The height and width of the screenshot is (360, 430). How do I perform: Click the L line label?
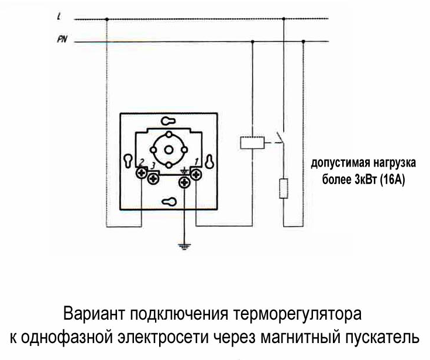[x=59, y=17]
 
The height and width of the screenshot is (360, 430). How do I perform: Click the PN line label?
[x=62, y=40]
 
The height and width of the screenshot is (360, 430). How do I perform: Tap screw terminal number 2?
[x=142, y=173]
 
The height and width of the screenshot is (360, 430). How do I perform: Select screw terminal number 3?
[x=153, y=179]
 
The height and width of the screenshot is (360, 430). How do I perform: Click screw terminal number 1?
[x=196, y=175]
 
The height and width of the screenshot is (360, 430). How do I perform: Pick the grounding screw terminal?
[x=184, y=182]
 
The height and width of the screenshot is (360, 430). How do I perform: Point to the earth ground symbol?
[x=184, y=247]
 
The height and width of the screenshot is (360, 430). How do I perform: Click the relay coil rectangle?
[x=252, y=143]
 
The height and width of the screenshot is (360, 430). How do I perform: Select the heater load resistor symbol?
[x=284, y=188]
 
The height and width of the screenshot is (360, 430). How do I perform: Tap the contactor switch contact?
[x=280, y=137]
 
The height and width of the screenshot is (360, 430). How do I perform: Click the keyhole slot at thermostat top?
[x=168, y=120]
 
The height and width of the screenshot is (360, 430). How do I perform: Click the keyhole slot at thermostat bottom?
[x=168, y=202]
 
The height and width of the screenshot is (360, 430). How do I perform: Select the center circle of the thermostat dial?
[x=168, y=150]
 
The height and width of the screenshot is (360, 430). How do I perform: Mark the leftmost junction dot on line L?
[x=107, y=19]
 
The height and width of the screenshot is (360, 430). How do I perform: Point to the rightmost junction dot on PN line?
[x=303, y=41]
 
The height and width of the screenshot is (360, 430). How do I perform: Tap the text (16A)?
[x=393, y=180]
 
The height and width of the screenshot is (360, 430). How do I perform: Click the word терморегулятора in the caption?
[x=297, y=314]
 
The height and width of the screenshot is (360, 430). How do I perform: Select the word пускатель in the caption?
[x=381, y=337]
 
